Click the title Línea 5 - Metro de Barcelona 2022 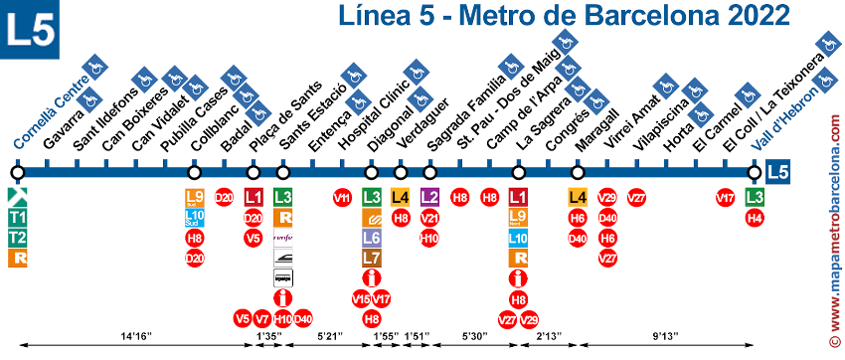[563, 17]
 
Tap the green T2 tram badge [17, 238]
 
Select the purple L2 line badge [430, 197]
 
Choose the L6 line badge [371, 238]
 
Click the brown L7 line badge [371, 258]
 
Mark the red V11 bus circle [342, 197]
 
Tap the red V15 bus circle [361, 298]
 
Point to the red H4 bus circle [756, 218]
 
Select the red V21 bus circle [430, 218]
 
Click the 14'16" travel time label [135, 336]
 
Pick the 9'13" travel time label [659, 336]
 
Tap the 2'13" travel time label [548, 336]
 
